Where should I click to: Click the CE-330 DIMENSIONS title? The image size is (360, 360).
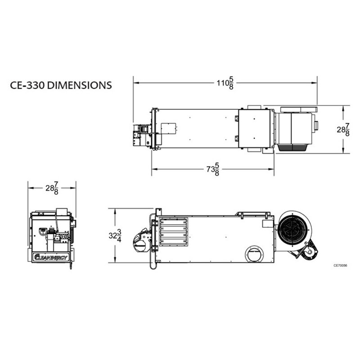pyautogui.click(x=61, y=85)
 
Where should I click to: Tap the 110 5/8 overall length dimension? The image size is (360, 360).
pyautogui.click(x=225, y=83)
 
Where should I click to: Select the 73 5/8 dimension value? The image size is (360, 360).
pyautogui.click(x=213, y=169)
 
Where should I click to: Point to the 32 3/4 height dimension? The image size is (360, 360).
pyautogui.click(x=115, y=235)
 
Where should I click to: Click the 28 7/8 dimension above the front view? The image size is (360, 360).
pyautogui.click(x=52, y=188)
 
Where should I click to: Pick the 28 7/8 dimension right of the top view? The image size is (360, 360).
pyautogui.click(x=343, y=130)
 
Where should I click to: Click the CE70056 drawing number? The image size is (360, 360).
pyautogui.click(x=340, y=265)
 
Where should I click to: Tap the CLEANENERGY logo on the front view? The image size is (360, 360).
pyautogui.click(x=51, y=257)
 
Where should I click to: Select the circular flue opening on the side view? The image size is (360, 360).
pyautogui.click(x=254, y=255)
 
